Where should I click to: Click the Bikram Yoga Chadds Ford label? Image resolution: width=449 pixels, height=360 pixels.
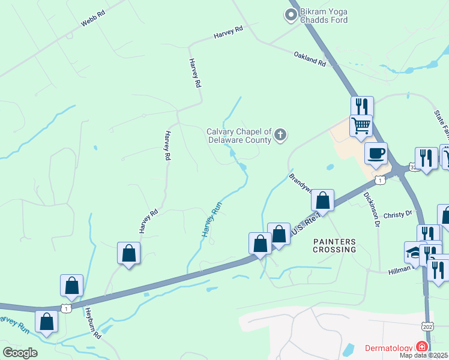pyautogui.click(x=324, y=16)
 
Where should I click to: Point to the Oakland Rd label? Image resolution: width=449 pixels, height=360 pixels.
pyautogui.click(x=310, y=58)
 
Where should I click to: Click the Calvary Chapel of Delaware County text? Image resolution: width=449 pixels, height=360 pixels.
pyautogui.click(x=240, y=136)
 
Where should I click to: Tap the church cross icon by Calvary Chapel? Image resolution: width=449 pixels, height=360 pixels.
pyautogui.click(x=280, y=136)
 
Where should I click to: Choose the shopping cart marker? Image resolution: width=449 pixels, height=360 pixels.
pyautogui.click(x=361, y=126)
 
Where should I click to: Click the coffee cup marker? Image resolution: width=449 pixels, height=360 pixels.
pyautogui.click(x=376, y=154)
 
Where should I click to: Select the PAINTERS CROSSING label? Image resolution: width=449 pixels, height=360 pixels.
pyautogui.click(x=335, y=245)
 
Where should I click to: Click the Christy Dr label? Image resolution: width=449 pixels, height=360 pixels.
pyautogui.click(x=397, y=214)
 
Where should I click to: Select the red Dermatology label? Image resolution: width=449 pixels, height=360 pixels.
pyautogui.click(x=389, y=348)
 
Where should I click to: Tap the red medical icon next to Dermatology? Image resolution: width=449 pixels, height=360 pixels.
pyautogui.click(x=422, y=347)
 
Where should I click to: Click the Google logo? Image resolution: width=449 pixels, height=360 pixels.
pyautogui.click(x=20, y=352)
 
